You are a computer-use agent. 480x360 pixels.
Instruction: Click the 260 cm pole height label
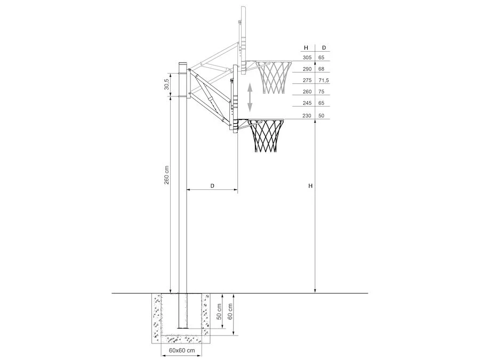pos(166,175)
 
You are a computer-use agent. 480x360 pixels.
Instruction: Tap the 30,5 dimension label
pos(166,84)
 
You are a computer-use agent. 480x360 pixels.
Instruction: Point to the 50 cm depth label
pos(219,312)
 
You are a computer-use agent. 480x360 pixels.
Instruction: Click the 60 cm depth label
pos(230,311)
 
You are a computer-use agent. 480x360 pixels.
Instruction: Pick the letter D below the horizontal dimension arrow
pos(212,186)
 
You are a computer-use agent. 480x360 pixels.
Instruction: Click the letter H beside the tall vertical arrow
pos(310,186)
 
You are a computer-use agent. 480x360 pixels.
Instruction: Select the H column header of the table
pos(306,48)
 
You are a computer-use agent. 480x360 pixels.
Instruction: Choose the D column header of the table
pos(324,48)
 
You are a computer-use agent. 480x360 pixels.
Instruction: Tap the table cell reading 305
pos(307,58)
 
